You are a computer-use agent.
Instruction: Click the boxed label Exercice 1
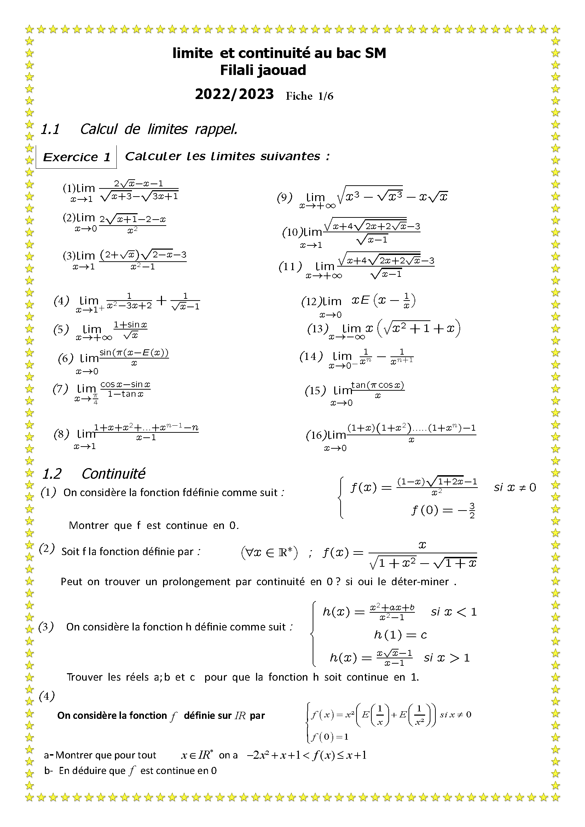(76, 157)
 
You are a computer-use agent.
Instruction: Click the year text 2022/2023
(234, 94)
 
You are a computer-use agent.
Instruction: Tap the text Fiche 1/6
(309, 96)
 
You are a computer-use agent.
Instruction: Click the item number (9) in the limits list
(284, 197)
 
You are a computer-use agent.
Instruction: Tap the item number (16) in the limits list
(316, 435)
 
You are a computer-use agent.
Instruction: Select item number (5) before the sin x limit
(61, 329)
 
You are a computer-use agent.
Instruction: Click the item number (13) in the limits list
(317, 328)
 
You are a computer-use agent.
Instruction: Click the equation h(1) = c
(400, 634)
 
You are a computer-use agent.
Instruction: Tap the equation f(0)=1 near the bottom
(330, 736)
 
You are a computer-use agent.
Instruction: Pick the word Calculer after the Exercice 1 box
(153, 156)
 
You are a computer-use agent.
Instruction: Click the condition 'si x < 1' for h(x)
(453, 612)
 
